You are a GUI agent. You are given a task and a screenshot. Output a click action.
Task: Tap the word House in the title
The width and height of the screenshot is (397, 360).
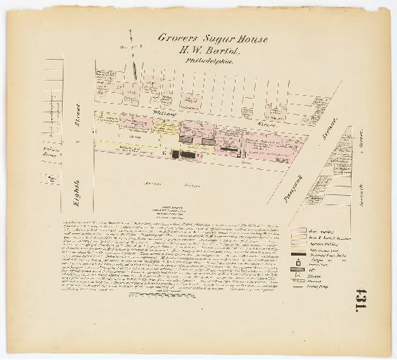click(x=251, y=39)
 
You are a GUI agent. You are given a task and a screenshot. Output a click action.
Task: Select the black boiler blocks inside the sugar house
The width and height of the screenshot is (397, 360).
click(x=186, y=154)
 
